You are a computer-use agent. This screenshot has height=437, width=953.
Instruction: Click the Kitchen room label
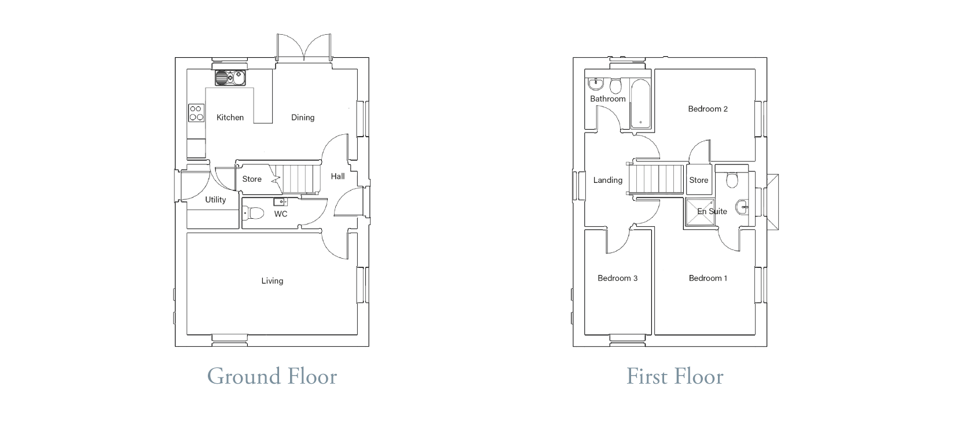point(230,117)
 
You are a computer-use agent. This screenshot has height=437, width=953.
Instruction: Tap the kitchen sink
point(230,78)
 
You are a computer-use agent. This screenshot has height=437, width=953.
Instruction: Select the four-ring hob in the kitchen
point(196,113)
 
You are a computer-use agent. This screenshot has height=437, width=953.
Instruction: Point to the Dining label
point(302,117)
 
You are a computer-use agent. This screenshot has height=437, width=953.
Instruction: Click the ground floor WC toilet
point(253,213)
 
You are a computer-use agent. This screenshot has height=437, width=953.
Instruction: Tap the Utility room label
point(215,200)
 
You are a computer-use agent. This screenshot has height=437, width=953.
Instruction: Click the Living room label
point(272,281)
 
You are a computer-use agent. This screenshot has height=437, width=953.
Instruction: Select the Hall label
point(338,176)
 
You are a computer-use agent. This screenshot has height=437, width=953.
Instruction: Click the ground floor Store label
point(252,179)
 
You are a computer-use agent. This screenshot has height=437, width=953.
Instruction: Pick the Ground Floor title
point(272,377)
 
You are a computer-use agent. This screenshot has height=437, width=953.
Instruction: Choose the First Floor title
point(675,377)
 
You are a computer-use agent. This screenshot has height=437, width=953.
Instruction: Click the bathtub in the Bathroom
point(640,104)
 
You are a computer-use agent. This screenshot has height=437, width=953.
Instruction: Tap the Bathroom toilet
point(615,86)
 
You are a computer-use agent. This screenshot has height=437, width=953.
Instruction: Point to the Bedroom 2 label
point(708,109)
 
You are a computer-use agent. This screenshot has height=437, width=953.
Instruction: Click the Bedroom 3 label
point(617,278)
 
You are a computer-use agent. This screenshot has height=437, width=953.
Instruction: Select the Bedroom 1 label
point(708,278)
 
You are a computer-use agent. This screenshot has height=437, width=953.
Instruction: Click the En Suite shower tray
point(700,212)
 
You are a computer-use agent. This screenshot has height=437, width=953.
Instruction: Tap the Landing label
point(607,181)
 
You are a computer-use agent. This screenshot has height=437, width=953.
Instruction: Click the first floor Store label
point(699,181)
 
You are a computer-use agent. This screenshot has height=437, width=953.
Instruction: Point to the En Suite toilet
point(732,180)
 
